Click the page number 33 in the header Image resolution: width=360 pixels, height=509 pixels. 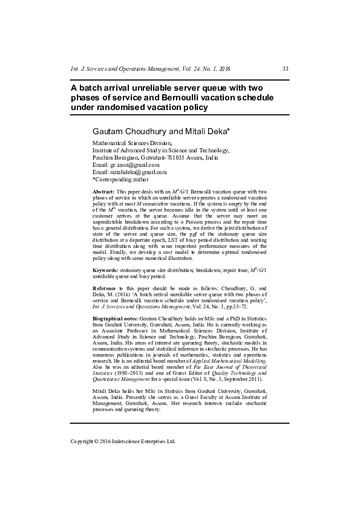[285, 69]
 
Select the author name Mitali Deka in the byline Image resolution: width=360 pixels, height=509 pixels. [203, 131]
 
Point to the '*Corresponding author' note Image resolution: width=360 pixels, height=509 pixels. [120, 180]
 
